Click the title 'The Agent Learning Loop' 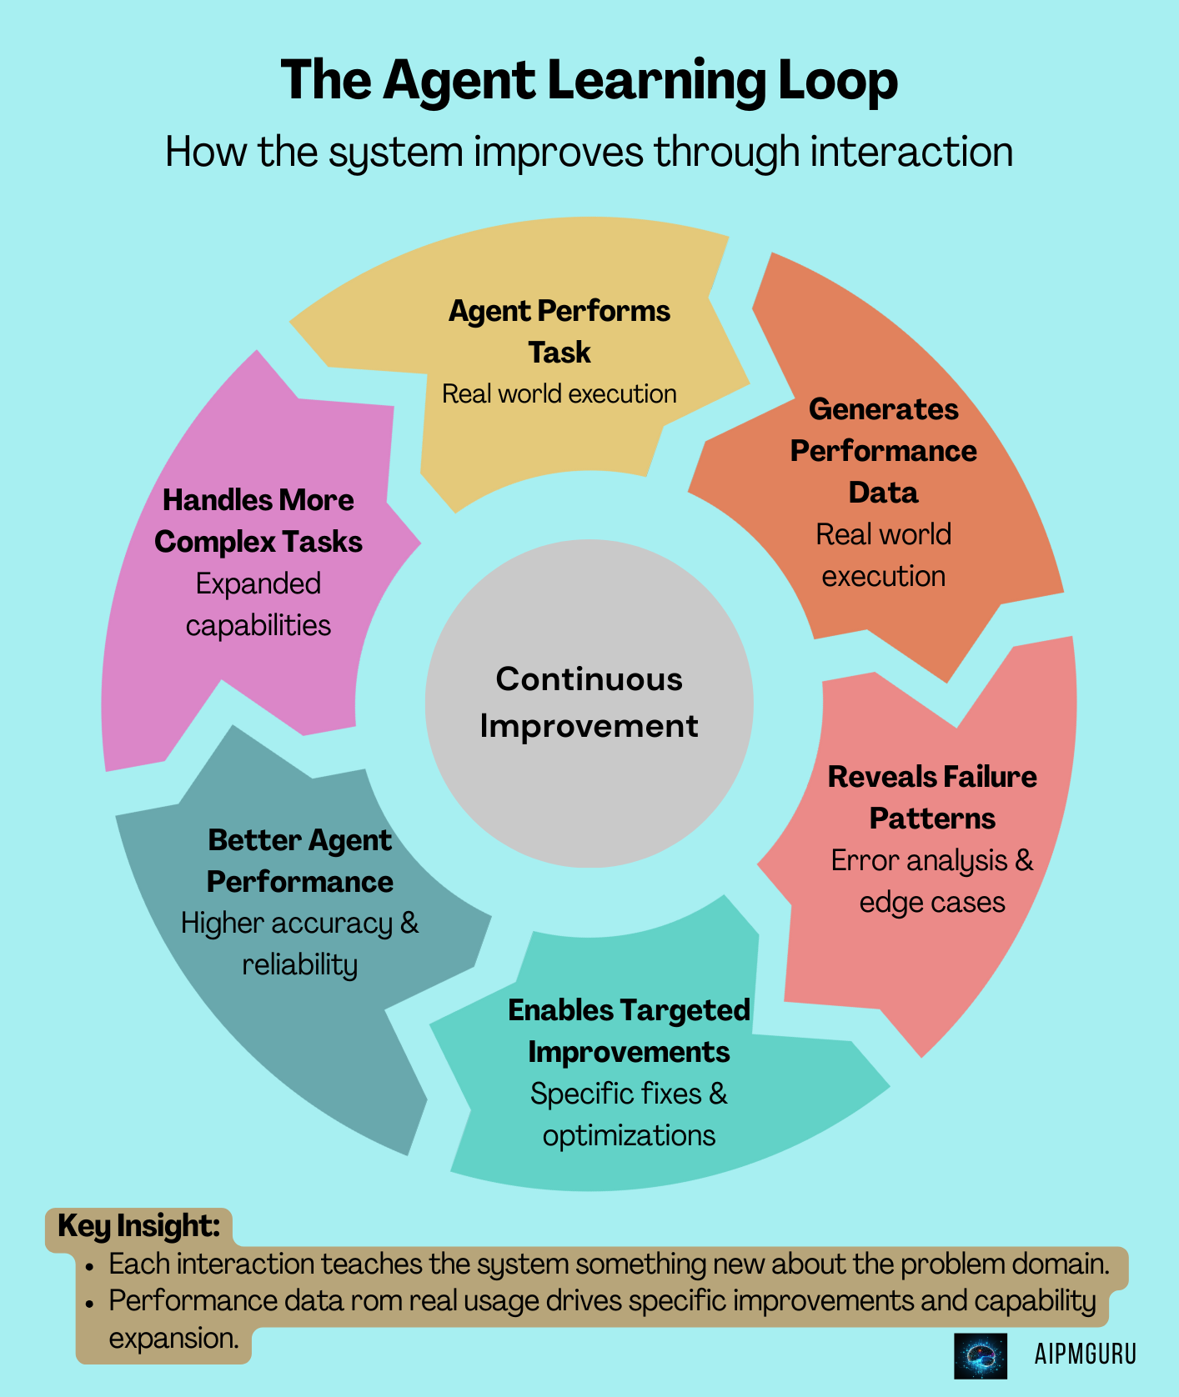(x=589, y=81)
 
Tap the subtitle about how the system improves (x=589, y=153)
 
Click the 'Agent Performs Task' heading (x=559, y=331)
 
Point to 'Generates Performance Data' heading (x=883, y=450)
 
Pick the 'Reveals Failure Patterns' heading (x=931, y=797)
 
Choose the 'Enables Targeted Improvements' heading (x=629, y=1030)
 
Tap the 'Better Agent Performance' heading (x=299, y=860)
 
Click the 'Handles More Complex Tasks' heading (x=258, y=520)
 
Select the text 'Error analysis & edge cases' (x=931, y=881)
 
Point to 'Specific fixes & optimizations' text (x=629, y=1114)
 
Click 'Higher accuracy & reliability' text (x=299, y=944)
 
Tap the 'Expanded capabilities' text (x=258, y=604)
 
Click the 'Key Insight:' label (x=138, y=1226)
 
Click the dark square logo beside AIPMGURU (x=980, y=1355)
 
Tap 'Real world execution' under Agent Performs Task (x=559, y=393)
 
